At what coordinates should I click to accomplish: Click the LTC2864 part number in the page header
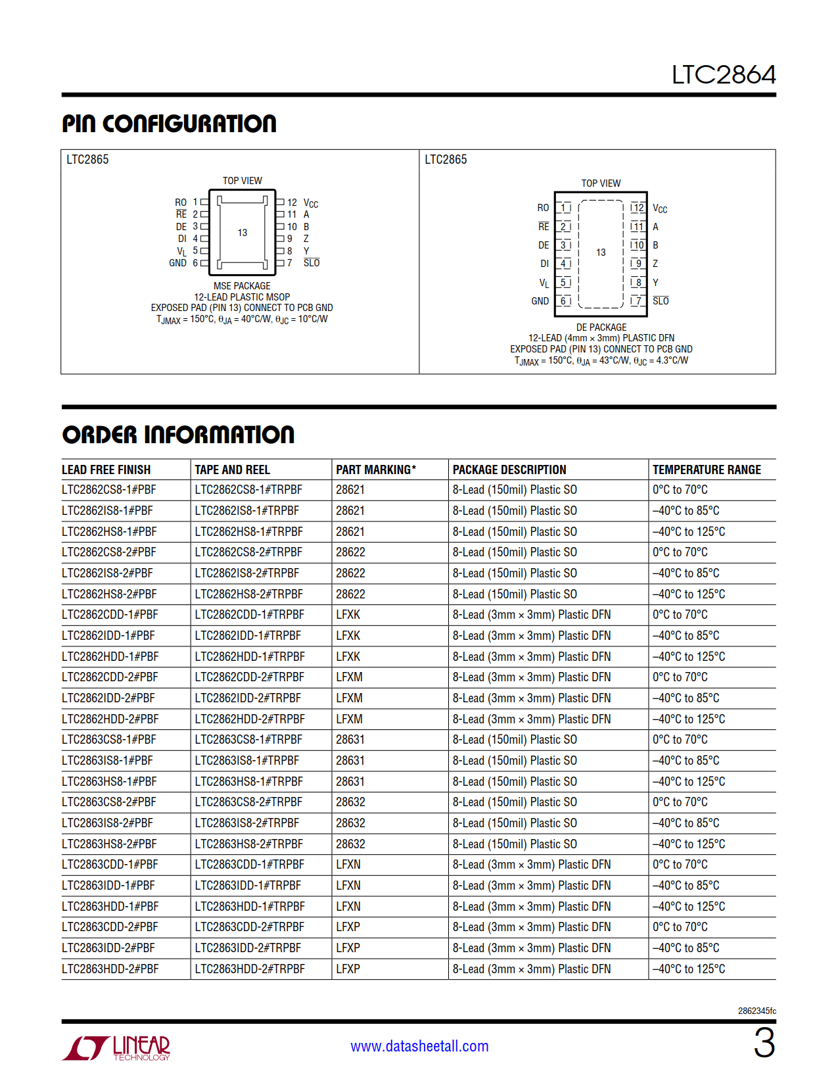pos(723,75)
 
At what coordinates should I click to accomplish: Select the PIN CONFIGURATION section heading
pos(169,124)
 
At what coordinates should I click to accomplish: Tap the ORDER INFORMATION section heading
pos(178,435)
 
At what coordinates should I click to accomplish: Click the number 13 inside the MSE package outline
pos(243,233)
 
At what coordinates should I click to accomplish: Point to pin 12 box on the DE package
pos(638,208)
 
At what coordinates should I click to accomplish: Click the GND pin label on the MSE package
pos(177,263)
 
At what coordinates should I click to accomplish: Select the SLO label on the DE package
pos(661,301)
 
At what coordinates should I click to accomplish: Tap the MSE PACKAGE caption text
pos(242,286)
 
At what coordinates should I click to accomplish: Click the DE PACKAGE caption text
pos(601,327)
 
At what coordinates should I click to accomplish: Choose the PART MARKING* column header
pos(376,470)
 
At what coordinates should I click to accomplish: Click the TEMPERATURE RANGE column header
pos(707,470)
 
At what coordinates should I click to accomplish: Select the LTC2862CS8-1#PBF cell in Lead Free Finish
pos(109,490)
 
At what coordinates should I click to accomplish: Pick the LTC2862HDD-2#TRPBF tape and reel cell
pos(250,719)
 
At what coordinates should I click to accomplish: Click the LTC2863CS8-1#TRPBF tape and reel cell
pos(248,740)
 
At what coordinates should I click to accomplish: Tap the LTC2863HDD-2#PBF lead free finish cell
pos(110,969)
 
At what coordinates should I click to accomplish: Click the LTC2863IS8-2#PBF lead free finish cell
pos(107,823)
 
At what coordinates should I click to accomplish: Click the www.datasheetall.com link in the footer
pos(419,1046)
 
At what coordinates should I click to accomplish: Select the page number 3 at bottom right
pos(764,1044)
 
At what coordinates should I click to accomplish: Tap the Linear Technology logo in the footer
pos(116,1048)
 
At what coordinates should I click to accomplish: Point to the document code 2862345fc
pos(757,1011)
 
